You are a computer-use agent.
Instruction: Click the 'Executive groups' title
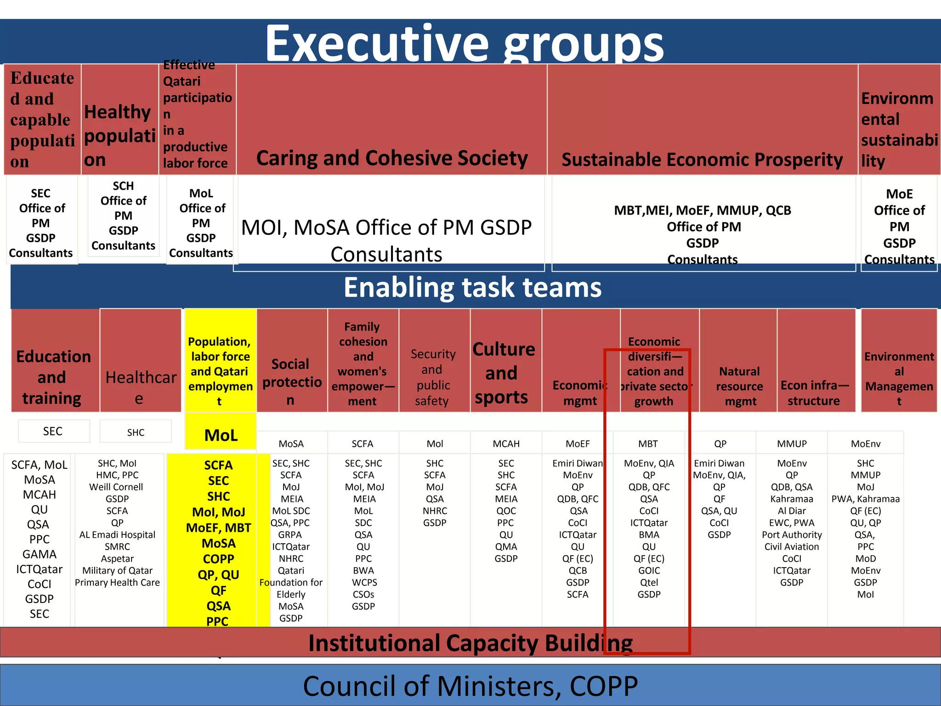coord(464,44)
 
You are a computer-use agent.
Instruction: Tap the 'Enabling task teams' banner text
coord(472,288)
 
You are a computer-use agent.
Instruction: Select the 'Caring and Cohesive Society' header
coord(392,158)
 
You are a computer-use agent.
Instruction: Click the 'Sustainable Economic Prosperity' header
coord(702,159)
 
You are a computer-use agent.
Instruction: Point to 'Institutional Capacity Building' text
coord(470,643)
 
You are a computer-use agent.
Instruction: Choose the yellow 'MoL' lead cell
coord(221,435)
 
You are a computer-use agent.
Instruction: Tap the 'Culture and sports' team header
coord(504,373)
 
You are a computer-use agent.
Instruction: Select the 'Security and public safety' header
coord(433,377)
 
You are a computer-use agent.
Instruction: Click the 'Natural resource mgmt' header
coord(739,386)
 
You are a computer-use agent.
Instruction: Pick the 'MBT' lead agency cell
coord(648,444)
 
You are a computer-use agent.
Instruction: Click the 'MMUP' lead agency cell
coord(792,444)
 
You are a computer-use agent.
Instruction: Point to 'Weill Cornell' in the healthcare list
coord(116,487)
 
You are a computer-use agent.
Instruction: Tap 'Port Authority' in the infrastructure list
coord(792,535)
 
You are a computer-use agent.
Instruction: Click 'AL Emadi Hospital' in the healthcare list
coord(117,535)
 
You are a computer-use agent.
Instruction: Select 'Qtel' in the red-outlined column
coord(649,583)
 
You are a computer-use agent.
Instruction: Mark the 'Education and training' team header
coord(53,377)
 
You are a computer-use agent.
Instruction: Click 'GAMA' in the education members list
coord(40,554)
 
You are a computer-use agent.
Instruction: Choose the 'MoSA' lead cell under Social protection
coord(291,444)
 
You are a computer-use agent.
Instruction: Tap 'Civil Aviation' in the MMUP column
coord(792,547)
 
